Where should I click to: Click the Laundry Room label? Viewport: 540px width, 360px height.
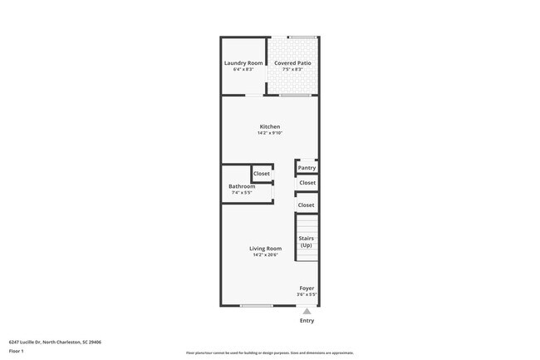coord(243,63)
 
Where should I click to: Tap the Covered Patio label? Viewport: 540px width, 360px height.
coord(292,63)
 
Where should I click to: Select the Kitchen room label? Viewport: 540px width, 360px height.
coord(269,126)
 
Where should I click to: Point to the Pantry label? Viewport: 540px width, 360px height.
coord(307,168)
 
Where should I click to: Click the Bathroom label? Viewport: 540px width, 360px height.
coord(242,186)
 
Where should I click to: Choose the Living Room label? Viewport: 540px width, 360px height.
coord(266,249)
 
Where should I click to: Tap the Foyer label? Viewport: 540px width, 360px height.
coord(307,288)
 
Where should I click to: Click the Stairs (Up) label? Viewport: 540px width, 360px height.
coord(307,242)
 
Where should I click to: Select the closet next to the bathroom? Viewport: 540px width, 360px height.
coord(262,174)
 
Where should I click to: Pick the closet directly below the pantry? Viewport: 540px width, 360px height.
coord(307,183)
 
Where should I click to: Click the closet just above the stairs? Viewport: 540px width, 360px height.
coord(306,205)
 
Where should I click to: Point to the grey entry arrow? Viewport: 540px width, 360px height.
coord(307,312)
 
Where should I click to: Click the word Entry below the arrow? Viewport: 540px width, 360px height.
coord(307,321)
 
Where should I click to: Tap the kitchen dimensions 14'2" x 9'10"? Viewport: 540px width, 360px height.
coord(269,133)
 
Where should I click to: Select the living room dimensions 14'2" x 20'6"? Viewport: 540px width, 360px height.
coord(266,255)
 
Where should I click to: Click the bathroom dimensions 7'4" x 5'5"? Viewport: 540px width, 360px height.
coord(242,193)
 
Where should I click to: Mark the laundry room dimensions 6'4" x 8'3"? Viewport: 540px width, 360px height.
coord(243,70)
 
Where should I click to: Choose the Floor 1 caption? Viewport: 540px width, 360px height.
coord(17,352)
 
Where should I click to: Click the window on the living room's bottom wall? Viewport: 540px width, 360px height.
coord(257,306)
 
